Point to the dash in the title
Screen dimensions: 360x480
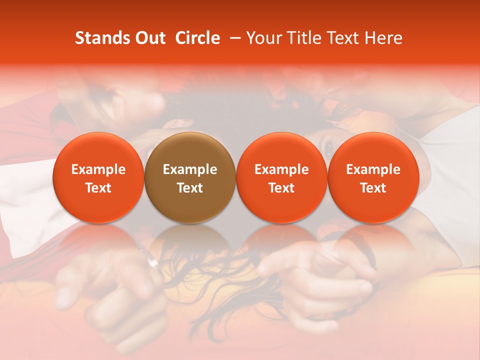(x=233, y=38)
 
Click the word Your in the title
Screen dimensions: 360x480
(x=263, y=38)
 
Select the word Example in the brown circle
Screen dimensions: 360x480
(x=190, y=169)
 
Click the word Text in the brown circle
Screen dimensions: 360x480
(x=190, y=188)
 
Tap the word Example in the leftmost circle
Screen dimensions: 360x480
(x=98, y=169)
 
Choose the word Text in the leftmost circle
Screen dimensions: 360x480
(x=98, y=188)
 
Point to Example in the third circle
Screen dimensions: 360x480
(x=281, y=169)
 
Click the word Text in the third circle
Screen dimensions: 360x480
(x=281, y=188)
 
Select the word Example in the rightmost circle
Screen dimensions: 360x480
(x=373, y=169)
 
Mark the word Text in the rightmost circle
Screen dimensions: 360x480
(x=373, y=188)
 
